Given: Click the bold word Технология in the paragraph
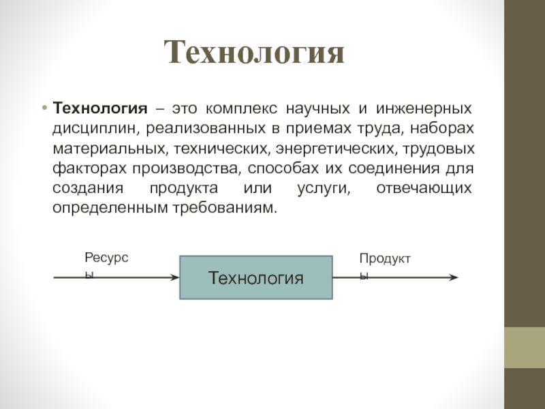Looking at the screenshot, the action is [x=100, y=109].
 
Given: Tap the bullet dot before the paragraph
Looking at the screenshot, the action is [x=44, y=108].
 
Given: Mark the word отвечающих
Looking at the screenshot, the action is [x=424, y=188].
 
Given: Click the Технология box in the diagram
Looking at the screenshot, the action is [x=255, y=278].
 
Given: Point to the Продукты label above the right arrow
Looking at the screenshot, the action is [x=386, y=259].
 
